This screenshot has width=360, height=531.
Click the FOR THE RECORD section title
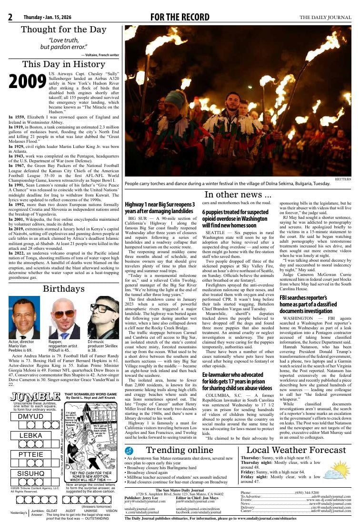[179, 18]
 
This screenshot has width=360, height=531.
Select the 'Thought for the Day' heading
[64, 29]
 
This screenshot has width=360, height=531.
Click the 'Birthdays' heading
[64, 289]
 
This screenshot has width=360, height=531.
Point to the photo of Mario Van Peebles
[24, 318]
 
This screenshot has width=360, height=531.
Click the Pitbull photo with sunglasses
[64, 318]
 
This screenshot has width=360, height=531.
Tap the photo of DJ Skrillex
[103, 318]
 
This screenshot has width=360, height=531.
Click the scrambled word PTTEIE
[30, 454]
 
